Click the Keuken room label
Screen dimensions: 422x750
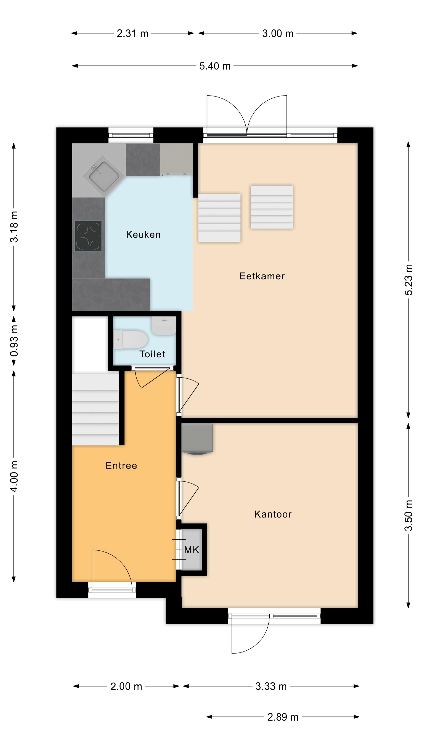point(143,235)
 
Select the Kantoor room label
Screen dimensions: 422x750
point(273,514)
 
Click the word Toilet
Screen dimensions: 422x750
point(152,354)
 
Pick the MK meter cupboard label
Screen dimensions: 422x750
point(191,550)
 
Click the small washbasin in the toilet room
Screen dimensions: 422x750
point(164,326)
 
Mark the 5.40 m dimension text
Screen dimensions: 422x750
point(215,66)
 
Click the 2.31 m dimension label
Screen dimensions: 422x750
point(132,33)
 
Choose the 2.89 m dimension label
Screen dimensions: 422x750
point(283,717)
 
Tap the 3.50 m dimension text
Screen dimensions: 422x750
point(408,515)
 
